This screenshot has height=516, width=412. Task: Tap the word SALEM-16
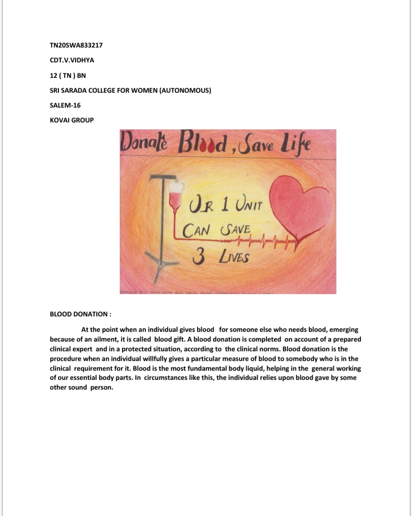pos(68,105)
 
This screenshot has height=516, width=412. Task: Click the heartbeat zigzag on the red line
pos(269,239)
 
